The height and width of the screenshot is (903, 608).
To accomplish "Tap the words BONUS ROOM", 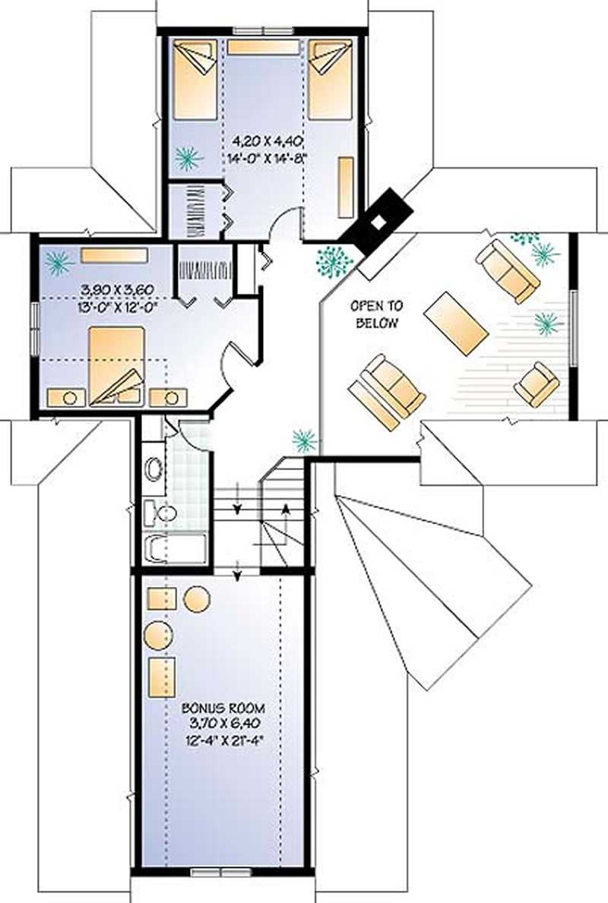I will tap(223, 708).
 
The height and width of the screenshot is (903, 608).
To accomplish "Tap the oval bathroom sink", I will tap(153, 469).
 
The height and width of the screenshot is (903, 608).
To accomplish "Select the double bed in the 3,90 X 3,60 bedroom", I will tap(116, 365).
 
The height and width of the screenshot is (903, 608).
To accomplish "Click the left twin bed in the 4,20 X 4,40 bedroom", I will tap(195, 81).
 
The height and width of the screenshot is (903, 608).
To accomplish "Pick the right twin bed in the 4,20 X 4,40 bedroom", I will tap(331, 80).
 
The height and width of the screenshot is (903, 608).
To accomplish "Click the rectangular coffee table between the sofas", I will tap(456, 323).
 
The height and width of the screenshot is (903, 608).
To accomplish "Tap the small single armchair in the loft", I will tap(537, 384).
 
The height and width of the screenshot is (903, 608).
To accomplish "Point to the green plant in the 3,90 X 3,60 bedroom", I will tap(59, 262).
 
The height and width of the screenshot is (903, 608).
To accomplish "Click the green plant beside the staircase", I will tap(304, 440).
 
